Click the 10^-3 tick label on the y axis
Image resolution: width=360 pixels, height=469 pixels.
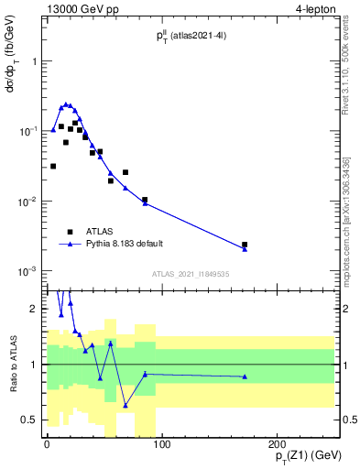tap(26, 271)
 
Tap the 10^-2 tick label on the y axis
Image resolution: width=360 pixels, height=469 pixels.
tap(26, 202)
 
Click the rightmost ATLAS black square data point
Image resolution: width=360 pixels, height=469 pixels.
tap(245, 245)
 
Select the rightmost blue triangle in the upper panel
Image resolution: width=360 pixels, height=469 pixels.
tap(245, 249)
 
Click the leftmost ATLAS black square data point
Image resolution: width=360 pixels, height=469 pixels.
tap(53, 166)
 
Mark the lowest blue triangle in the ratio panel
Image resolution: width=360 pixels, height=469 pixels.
tap(125, 405)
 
